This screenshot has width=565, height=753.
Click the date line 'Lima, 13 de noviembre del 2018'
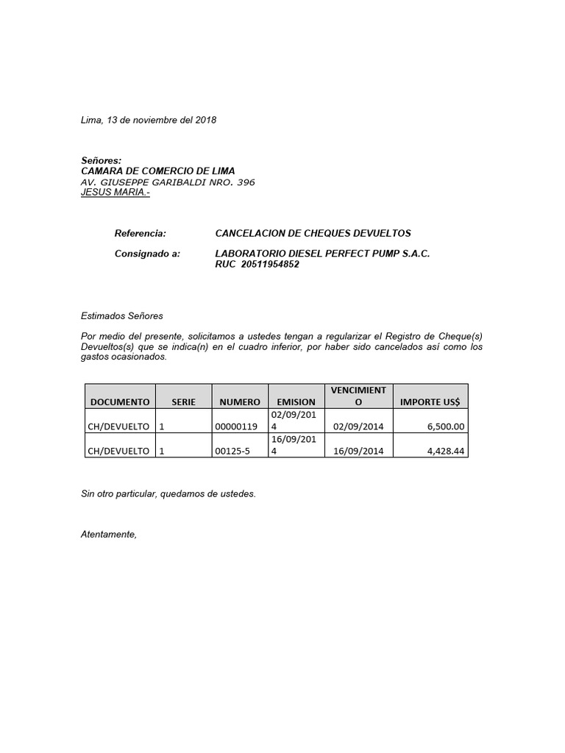click(148, 120)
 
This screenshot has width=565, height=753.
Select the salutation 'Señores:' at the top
click(101, 160)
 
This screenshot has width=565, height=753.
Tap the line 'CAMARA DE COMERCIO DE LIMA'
click(157, 171)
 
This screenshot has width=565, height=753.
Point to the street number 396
click(243, 182)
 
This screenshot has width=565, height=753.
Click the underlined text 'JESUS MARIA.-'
click(115, 193)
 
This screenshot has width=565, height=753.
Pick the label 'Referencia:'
click(141, 233)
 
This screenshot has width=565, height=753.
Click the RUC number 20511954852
click(270, 265)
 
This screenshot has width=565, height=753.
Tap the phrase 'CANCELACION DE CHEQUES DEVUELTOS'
click(313, 233)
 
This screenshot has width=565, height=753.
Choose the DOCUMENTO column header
click(119, 402)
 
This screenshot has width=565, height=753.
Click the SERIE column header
click(183, 402)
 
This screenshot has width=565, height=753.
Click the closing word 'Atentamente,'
click(108, 535)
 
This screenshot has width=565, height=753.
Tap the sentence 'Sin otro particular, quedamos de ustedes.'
click(168, 494)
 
